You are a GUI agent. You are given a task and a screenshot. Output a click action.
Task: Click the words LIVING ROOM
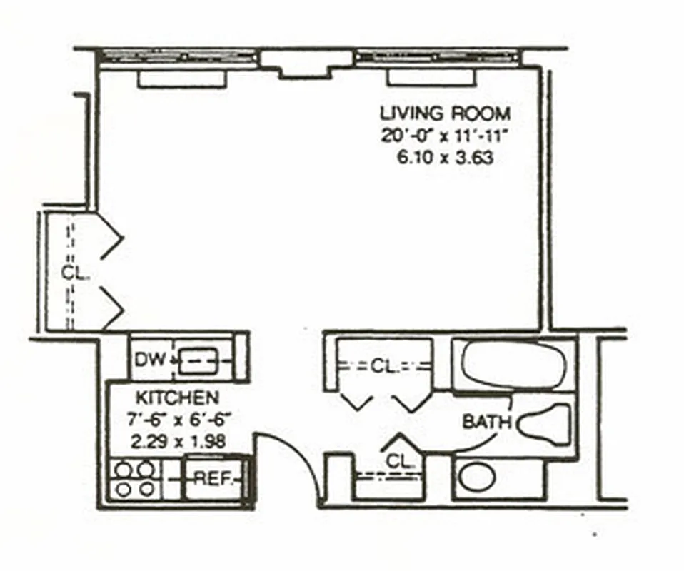tap(446, 113)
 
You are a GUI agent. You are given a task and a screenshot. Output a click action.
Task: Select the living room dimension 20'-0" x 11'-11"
tap(446, 135)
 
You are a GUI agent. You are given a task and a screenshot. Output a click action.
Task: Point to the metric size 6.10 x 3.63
tap(446, 158)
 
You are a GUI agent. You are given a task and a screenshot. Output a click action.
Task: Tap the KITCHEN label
tap(177, 398)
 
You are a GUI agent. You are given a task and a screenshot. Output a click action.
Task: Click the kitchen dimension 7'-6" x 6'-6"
tap(178, 420)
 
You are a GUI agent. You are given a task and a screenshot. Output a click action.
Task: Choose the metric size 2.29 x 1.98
tap(178, 442)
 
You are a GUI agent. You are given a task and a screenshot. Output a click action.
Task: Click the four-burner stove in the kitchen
tap(135, 479)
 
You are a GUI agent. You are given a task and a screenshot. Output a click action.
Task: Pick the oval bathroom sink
tap(476, 477)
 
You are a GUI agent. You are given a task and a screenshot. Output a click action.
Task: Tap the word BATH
tap(486, 422)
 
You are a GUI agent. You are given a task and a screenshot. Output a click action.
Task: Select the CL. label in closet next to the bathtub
tap(383, 367)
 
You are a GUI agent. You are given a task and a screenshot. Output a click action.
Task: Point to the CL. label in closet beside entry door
tap(400, 462)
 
